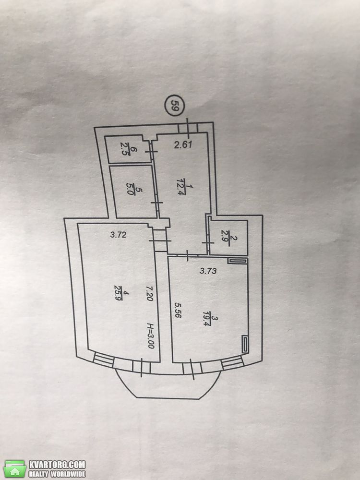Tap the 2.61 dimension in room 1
(x=183, y=144)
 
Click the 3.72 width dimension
(x=118, y=235)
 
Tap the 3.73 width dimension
(x=208, y=270)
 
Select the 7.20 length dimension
(x=149, y=294)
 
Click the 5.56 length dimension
(x=178, y=310)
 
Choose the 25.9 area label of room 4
(x=118, y=293)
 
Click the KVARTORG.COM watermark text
(x=57, y=464)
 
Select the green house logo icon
(x=15, y=468)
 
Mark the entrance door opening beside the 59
(x=188, y=128)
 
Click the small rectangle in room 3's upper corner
(x=237, y=261)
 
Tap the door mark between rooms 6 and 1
(x=151, y=152)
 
